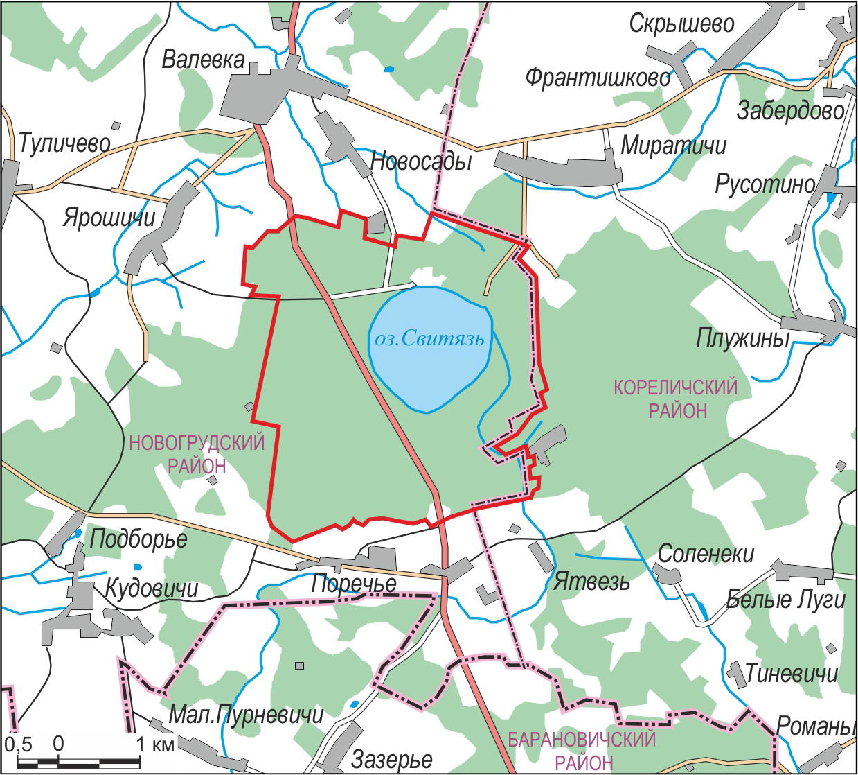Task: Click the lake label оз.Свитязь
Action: pos(427,340)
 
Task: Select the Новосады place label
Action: pos(421,162)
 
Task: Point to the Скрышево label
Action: pos(681,24)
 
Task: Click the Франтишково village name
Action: pos(598,77)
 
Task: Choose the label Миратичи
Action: pos(674,146)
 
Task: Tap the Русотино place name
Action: pos(765,184)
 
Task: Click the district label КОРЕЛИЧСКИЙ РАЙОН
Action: pos(677,399)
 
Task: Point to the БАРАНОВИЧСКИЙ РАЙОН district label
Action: pos(582,751)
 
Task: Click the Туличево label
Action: pos(64,143)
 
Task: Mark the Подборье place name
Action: pos(138,539)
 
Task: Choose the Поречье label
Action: pos(353,584)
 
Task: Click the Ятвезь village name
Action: pos(591,581)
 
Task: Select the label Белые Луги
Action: pos(785,600)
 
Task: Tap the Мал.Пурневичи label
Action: pos(247,714)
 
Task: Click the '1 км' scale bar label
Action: pos(154,744)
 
